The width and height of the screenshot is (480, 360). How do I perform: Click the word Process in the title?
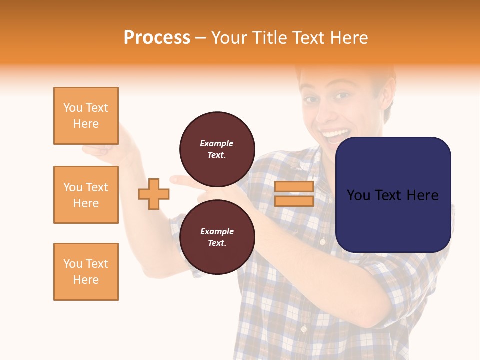tap(157, 38)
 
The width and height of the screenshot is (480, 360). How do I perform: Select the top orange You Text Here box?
tap(86, 116)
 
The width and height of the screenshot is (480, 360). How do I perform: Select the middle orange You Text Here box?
tap(86, 195)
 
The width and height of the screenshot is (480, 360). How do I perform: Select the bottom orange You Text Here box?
tap(86, 272)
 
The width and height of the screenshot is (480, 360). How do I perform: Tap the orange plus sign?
tap(154, 194)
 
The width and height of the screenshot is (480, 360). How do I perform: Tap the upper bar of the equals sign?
tap(294, 187)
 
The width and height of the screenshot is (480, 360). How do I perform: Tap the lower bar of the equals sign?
tap(294, 201)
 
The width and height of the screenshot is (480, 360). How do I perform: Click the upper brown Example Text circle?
tap(217, 149)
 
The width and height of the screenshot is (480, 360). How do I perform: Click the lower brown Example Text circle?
tap(217, 237)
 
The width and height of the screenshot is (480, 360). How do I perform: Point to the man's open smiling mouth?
tap(335, 134)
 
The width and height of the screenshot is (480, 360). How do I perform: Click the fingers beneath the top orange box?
tap(97, 149)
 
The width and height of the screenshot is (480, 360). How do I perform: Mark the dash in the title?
tap(201, 38)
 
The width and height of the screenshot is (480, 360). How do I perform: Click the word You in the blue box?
tap(358, 195)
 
